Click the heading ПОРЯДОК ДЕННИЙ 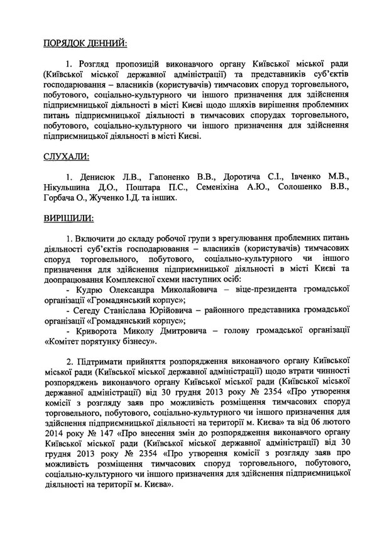85,43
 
